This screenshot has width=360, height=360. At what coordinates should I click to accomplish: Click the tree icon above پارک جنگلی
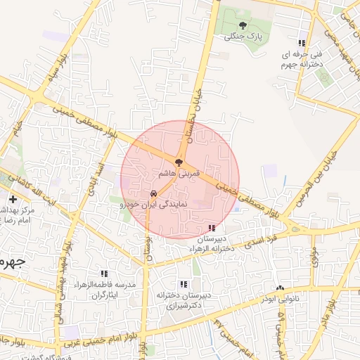pyautogui.click(x=243, y=25)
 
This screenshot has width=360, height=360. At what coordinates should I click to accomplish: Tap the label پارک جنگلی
pyautogui.click(x=243, y=37)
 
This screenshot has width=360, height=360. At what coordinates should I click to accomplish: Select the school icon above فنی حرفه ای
pyautogui.click(x=302, y=42)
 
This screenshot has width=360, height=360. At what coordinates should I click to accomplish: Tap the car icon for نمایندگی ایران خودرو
pyautogui.click(x=153, y=193)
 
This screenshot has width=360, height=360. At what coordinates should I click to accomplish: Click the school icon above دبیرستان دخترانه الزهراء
pyautogui.click(x=212, y=228)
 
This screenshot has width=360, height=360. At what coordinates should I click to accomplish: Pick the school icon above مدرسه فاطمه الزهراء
pyautogui.click(x=104, y=274)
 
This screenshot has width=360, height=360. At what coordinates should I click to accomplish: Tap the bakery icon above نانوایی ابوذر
pyautogui.click(x=281, y=288)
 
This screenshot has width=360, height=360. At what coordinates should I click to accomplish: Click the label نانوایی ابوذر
pyautogui.click(x=277, y=299)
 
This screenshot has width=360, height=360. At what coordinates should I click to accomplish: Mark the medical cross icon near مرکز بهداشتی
pyautogui.click(x=13, y=200)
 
